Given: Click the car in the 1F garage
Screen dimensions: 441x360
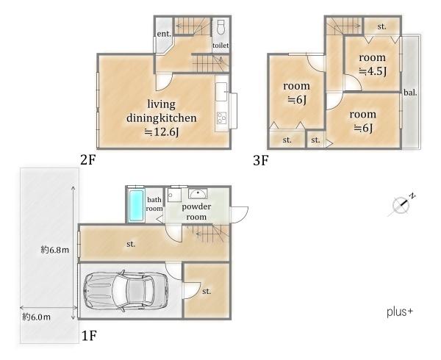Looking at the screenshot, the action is click(126, 291).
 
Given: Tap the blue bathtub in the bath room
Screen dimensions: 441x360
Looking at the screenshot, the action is click(136, 206).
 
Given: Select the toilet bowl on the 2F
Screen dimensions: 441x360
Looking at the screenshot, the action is click(220, 26).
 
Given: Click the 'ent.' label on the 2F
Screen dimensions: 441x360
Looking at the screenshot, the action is click(164, 34).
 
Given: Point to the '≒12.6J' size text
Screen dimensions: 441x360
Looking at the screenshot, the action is click(162, 132).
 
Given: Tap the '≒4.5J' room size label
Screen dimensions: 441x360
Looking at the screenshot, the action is click(373, 71).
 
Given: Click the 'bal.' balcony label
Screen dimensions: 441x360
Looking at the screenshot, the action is click(410, 93).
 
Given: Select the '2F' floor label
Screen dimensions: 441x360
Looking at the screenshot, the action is click(88, 160).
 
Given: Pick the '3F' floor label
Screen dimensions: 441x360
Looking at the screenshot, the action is click(261, 161).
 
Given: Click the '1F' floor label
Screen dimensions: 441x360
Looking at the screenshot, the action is click(90, 336).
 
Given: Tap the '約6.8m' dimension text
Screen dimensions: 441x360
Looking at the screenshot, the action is click(55, 250).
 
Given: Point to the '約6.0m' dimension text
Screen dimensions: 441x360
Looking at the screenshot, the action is click(37, 317).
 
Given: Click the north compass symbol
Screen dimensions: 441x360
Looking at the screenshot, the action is click(401, 204).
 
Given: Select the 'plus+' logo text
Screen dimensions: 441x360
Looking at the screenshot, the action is click(400, 312).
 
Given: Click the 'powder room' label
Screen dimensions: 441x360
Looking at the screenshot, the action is click(196, 212).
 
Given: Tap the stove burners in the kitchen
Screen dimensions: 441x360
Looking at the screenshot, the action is click(222, 118).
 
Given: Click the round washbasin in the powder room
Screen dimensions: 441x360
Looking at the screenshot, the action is click(198, 194).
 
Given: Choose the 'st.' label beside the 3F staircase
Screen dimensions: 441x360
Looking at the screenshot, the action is click(381, 26).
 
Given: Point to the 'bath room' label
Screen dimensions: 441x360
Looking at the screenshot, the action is click(154, 204).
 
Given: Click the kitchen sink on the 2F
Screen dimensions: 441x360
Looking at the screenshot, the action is click(221, 92).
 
